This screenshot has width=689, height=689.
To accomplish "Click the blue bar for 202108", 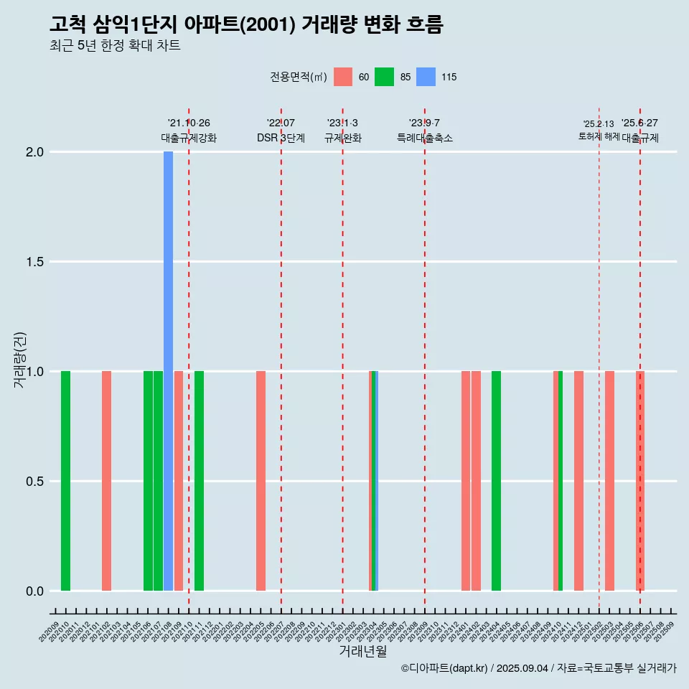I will pyautogui.click(x=168, y=370).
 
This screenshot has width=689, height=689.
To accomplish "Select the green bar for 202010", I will pyautogui.click(x=65, y=481).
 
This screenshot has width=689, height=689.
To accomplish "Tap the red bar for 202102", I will pyautogui.click(x=106, y=481).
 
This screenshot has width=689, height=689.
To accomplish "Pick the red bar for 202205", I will pyautogui.click(x=261, y=481).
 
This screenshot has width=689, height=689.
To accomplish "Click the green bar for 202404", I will pyautogui.click(x=496, y=481).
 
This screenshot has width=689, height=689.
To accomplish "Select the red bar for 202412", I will pyautogui.click(x=578, y=481).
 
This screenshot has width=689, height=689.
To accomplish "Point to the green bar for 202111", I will pyautogui.click(x=199, y=481).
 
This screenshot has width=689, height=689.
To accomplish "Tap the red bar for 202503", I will pyautogui.click(x=609, y=481).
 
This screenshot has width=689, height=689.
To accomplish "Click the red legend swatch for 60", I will pyautogui.click(x=343, y=77).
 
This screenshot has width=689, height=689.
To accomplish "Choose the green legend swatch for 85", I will pyautogui.click(x=385, y=77).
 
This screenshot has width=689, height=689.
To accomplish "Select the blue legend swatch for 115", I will pyautogui.click(x=426, y=77).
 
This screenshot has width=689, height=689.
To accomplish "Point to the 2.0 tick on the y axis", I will pyautogui.click(x=35, y=152).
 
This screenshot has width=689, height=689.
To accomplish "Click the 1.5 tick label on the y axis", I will pyautogui.click(x=35, y=262).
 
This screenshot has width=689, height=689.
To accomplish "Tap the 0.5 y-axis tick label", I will pyautogui.click(x=35, y=482).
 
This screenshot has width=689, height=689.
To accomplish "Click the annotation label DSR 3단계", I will pyautogui.click(x=281, y=138).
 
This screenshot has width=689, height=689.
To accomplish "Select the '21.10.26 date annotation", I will pyautogui.click(x=189, y=123).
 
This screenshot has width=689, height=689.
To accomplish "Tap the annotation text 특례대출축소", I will pyautogui.click(x=425, y=138).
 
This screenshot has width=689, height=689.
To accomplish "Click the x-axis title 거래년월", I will pyautogui.click(x=362, y=652).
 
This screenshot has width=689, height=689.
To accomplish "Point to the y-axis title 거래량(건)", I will pyautogui.click(x=19, y=360).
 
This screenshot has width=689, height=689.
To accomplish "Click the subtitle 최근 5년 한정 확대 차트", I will pyautogui.click(x=115, y=46).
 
